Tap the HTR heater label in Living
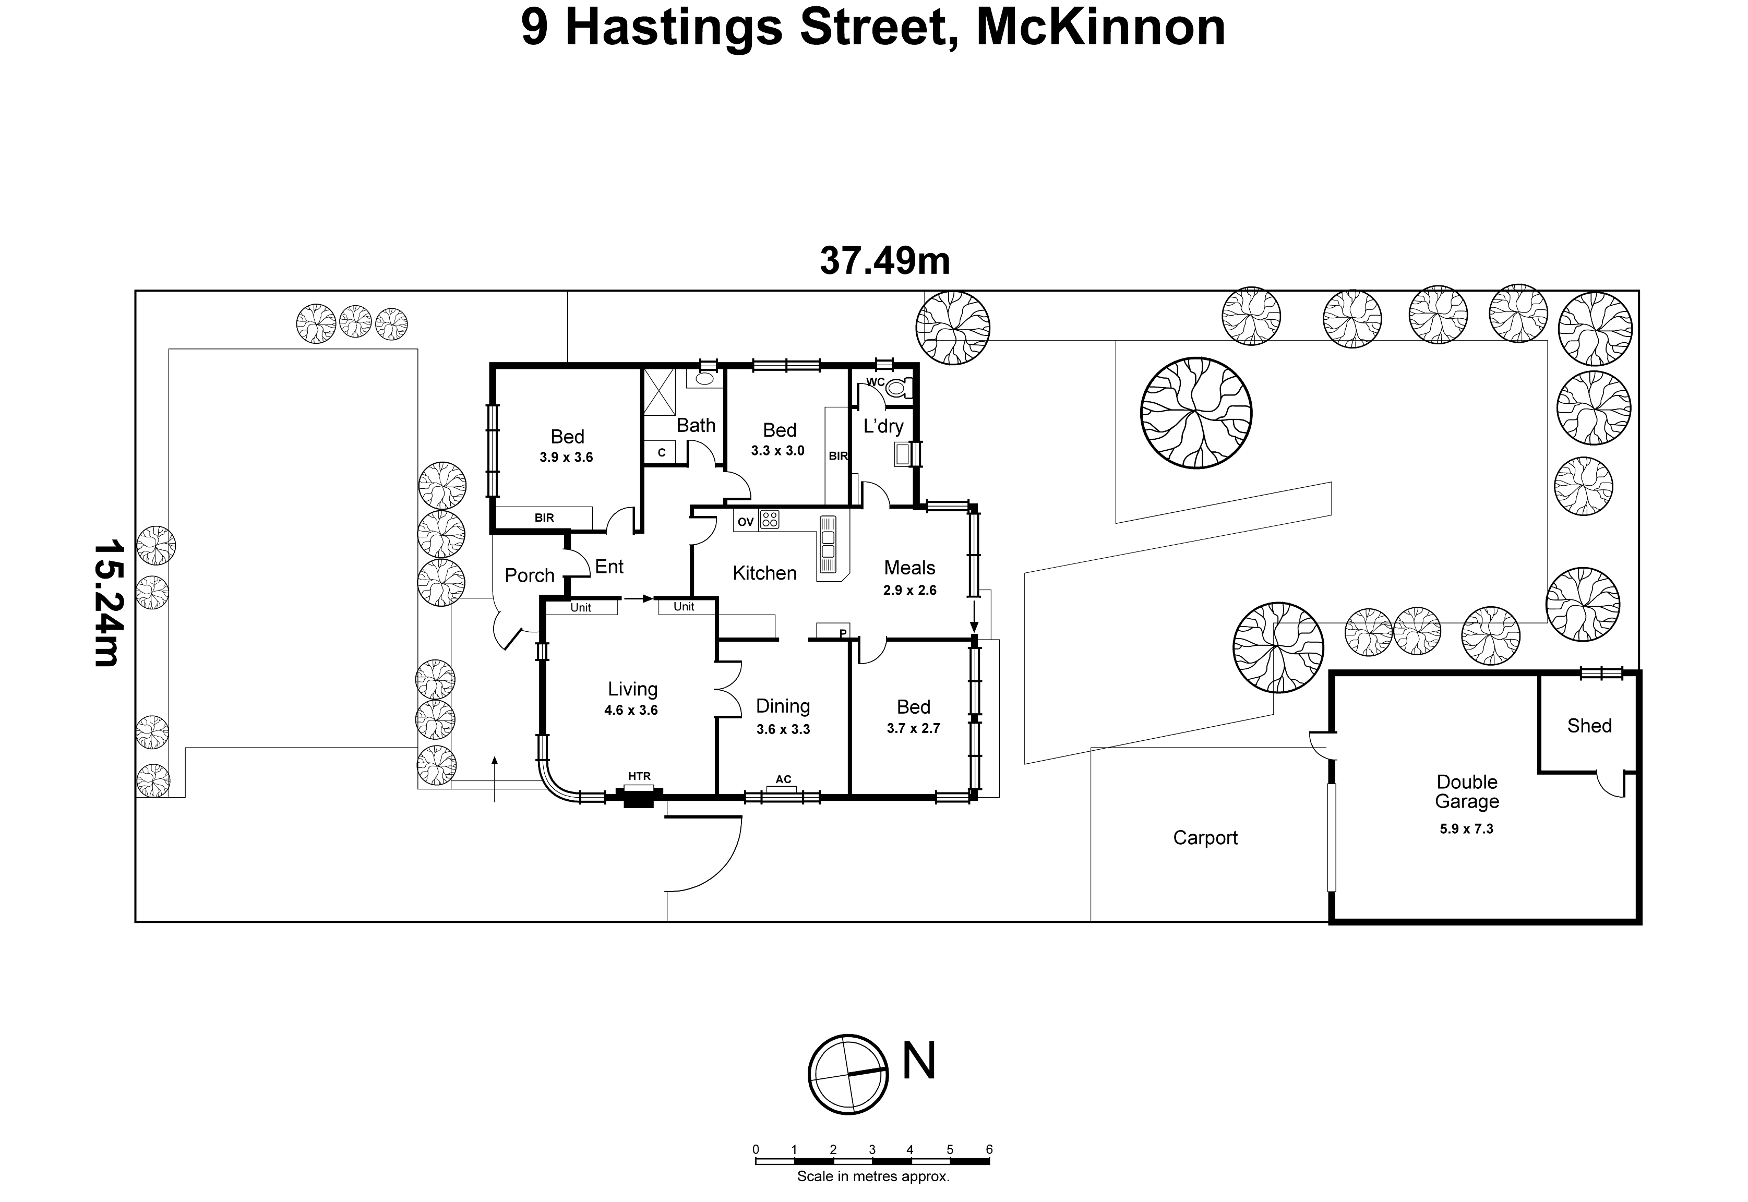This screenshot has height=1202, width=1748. pos(639,776)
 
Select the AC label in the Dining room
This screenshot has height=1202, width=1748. pos(783,779)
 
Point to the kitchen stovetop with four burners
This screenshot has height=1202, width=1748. pos(769,519)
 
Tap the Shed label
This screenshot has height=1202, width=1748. pos(1589,726)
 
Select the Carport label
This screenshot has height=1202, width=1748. pos(1205,837)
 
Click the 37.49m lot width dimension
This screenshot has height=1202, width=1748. pos(885,260)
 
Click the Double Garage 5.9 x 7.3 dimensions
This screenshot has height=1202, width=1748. pos(1466,828)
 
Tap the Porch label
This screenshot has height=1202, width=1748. pos(530,575)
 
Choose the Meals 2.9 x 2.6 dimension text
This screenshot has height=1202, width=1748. pos(910,591)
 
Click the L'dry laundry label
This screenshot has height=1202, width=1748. pos(883,426)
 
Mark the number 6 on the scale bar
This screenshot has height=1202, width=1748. pos(989,1149)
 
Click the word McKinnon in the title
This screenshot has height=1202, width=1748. pos(1101,28)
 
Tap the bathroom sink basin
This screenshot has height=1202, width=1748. pos(705,379)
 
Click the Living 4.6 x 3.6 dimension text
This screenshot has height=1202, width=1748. pos(631,710)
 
